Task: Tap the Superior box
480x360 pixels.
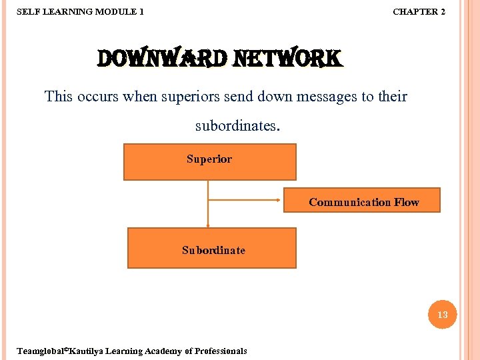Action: (x=209, y=162)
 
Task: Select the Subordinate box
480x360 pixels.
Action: (x=211, y=248)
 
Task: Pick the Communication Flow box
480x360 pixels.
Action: (x=362, y=200)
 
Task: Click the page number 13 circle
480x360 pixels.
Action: (x=443, y=315)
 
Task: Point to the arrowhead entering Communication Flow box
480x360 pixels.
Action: (x=279, y=200)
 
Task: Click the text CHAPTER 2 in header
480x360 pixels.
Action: (x=419, y=11)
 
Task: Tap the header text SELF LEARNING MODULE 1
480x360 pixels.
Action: (x=79, y=11)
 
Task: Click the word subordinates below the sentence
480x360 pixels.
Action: (x=237, y=125)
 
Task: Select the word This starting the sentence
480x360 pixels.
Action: (x=59, y=96)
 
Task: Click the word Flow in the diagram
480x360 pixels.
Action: (x=406, y=202)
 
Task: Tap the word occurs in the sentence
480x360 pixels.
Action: (x=97, y=96)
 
